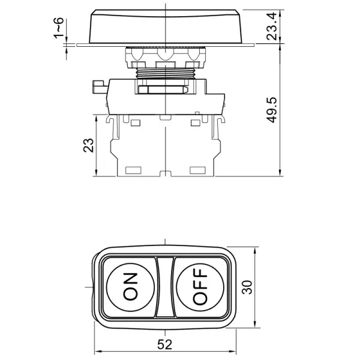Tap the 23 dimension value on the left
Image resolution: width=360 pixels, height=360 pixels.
(x=88, y=146)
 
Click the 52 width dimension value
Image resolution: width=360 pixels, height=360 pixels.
(x=164, y=344)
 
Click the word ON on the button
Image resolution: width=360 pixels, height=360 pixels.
(x=130, y=286)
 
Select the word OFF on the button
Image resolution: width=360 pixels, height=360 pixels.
(x=200, y=286)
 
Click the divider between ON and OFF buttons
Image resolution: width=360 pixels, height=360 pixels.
(x=165, y=286)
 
